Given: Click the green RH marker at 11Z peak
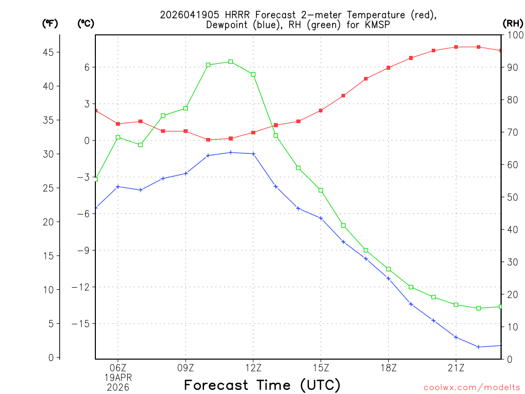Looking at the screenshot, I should pyautogui.click(x=231, y=62).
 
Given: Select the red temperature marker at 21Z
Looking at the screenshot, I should pyautogui.click(x=456, y=47).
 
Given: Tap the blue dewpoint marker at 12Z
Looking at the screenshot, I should pyautogui.click(x=253, y=153).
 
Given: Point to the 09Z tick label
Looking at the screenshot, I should pyautogui.click(x=186, y=368).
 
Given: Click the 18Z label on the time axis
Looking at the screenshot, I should pyautogui.click(x=389, y=368).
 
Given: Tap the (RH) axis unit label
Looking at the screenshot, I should pyautogui.click(x=512, y=23).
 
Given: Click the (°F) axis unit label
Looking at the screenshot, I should pyautogui.click(x=50, y=23).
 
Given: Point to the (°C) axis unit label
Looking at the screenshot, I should pyautogui.click(x=86, y=23).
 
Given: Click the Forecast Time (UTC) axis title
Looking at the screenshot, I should pyautogui.click(x=262, y=385).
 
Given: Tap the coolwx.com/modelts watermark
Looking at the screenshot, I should pyautogui.click(x=472, y=387).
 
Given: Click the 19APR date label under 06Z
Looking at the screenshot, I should pyautogui.click(x=118, y=378).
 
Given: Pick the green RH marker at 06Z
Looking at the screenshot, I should pyautogui.click(x=118, y=137).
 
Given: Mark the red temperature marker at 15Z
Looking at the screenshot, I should pyautogui.click(x=321, y=110).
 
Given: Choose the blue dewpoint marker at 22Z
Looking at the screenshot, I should pyautogui.click(x=479, y=347).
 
